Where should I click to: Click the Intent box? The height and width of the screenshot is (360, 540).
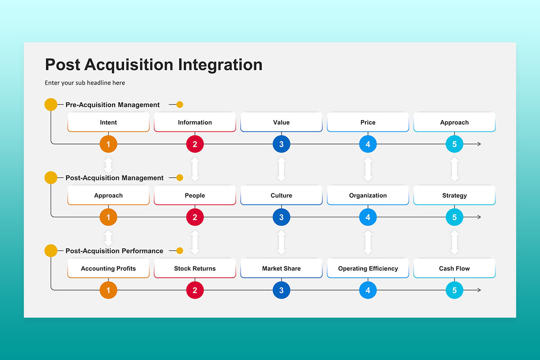(x=108, y=122)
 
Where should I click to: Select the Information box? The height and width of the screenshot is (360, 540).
(x=195, y=122)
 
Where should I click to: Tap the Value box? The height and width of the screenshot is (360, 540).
(x=281, y=122)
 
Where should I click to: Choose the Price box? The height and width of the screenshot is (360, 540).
(x=368, y=122)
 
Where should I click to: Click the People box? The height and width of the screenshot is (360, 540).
(x=195, y=195)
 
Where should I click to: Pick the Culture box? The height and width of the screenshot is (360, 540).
(x=281, y=195)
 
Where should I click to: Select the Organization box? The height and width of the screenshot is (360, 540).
(x=368, y=195)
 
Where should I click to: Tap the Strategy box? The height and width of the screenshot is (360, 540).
(x=454, y=195)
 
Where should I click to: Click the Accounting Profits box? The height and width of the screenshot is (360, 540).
(x=108, y=268)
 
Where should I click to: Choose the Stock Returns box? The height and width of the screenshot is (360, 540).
(x=195, y=268)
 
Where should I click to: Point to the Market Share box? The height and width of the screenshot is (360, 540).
(x=281, y=268)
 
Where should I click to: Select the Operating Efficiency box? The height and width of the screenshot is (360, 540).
(x=368, y=268)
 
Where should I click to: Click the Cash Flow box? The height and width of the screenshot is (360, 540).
(x=454, y=268)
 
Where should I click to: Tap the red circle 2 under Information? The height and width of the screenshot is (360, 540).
(x=195, y=144)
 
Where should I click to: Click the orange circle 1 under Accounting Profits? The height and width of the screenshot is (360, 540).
(x=108, y=290)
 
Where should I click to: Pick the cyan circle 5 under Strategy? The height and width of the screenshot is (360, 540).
(x=454, y=217)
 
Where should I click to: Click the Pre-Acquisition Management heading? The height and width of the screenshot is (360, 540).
(x=112, y=105)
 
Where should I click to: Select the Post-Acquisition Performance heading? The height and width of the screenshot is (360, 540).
(x=114, y=251)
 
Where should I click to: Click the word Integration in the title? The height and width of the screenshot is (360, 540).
(x=220, y=65)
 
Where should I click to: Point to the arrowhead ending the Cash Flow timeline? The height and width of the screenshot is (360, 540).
(x=479, y=290)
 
